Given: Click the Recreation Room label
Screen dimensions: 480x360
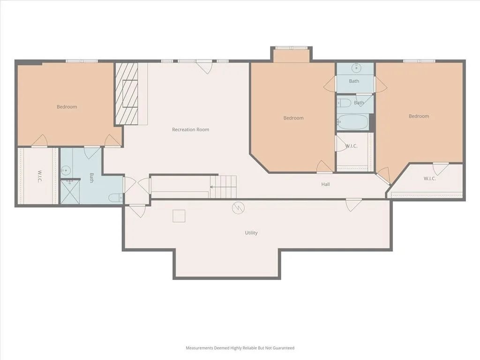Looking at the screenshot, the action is tap(190, 129).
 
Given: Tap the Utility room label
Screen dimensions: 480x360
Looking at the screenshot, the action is tap(251, 232).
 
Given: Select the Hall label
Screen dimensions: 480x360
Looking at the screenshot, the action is tap(325, 184).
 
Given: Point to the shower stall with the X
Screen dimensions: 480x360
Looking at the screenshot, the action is tap(70, 192).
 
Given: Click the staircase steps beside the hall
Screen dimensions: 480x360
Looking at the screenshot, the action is tap(224, 187).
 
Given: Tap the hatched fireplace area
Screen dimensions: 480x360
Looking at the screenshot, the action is tap(127, 94).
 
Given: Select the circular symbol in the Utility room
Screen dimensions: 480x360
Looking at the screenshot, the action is tap(238, 208).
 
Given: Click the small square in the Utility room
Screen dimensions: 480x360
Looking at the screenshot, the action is tap(179, 216).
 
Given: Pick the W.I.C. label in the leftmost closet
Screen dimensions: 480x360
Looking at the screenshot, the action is tap(40, 177).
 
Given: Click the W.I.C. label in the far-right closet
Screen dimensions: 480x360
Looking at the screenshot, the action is tap(430, 179).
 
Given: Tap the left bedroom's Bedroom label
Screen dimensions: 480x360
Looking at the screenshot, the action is tap(67, 107).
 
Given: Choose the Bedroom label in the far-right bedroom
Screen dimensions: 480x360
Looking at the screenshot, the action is tap(419, 116).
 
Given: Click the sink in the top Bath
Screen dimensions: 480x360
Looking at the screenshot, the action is tap(356, 67).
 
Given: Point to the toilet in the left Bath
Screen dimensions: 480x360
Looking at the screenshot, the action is tap(116, 198).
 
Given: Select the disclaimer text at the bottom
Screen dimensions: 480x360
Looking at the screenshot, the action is tap(240, 348).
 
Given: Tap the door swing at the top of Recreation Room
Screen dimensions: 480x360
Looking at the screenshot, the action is tap(204, 67).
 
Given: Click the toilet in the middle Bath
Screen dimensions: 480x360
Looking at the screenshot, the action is tap(344, 103).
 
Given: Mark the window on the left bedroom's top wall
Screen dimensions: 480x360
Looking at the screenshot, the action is tap(82, 61).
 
